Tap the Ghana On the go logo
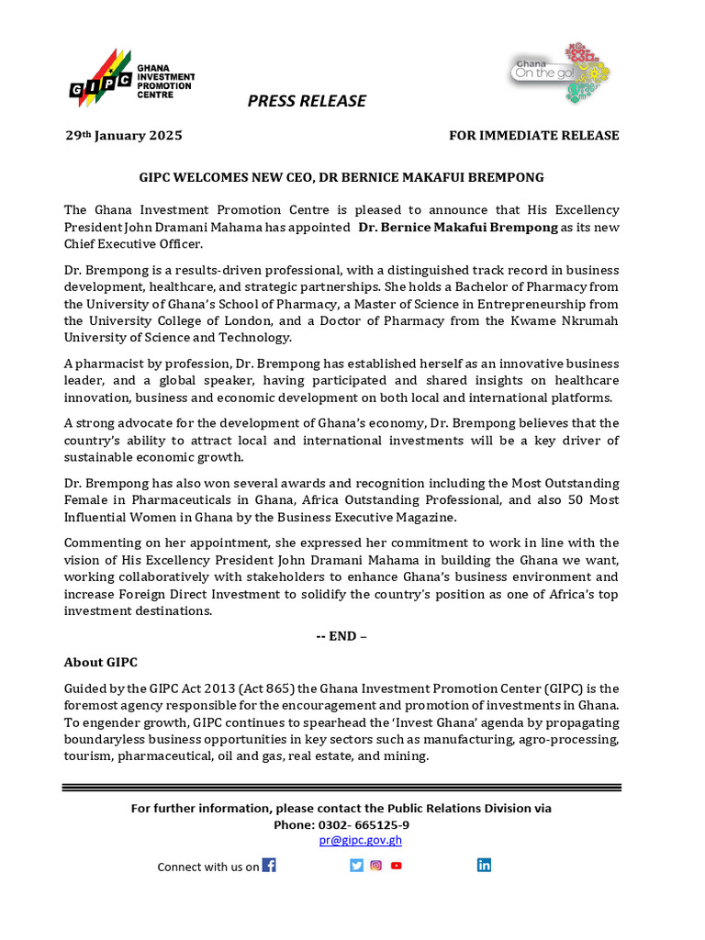[x=560, y=72]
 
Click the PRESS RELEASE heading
[x=307, y=101]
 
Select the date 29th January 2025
[x=123, y=136]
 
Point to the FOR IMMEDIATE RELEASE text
[x=533, y=136]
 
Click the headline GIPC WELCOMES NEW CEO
[x=341, y=177]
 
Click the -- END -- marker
[x=341, y=636]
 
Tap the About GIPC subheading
[x=100, y=662]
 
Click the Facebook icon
[x=269, y=865]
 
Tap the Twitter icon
[x=356, y=865]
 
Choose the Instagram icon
[x=375, y=865]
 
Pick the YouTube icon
[x=396, y=865]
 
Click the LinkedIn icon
[x=484, y=865]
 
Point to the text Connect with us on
[x=207, y=867]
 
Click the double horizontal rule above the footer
[x=341, y=788]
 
